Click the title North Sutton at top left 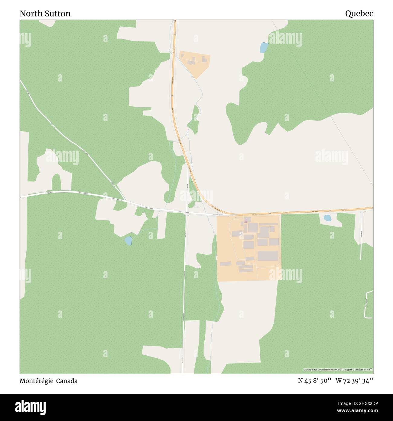coord(45,14)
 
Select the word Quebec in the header coord(359,14)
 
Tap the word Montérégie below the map coord(36,381)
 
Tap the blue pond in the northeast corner coord(264,48)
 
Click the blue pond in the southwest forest coord(128,241)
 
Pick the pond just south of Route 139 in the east coord(327,218)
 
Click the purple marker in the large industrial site coord(246,220)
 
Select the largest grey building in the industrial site coord(268,256)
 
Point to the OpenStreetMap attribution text coord(338,370)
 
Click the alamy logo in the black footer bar coord(31,407)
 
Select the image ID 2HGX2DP coord(362,403)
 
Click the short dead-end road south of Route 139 coord(361,236)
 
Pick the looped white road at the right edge coord(369,304)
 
